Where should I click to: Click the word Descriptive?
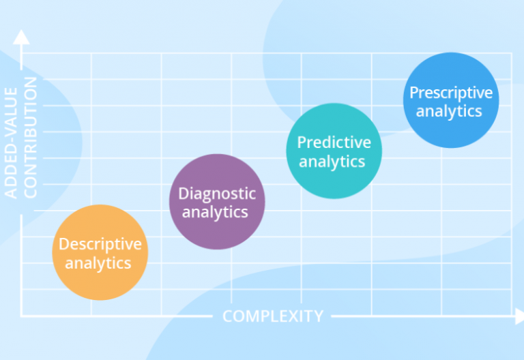point(100,244)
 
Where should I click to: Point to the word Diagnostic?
point(217,194)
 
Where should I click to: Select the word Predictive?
point(334,142)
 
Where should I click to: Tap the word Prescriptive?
point(450,92)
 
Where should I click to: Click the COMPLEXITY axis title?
point(273,316)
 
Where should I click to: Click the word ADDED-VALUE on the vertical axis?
point(11,137)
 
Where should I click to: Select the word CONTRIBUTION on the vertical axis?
point(31,137)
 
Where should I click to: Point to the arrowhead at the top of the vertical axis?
point(22,37)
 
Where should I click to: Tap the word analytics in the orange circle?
point(100,262)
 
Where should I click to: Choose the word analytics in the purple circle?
point(217,212)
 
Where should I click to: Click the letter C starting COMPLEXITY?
point(228,316)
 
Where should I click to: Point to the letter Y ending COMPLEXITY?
point(318,316)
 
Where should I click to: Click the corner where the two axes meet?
point(22,316)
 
